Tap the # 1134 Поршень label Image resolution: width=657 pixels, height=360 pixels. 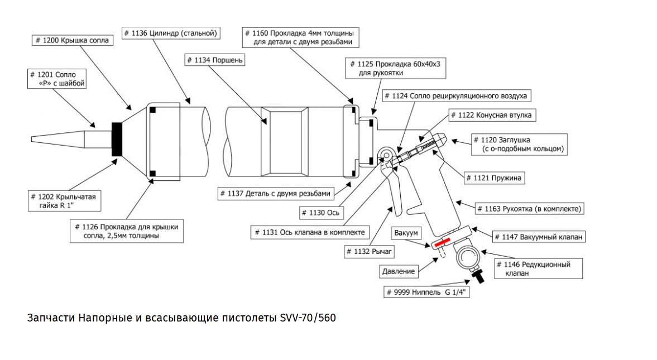click(x=214, y=60)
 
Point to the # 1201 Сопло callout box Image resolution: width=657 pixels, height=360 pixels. click(x=58, y=79)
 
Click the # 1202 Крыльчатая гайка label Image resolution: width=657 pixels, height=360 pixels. click(x=65, y=201)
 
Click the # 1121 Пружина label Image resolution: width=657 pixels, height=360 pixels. click(x=495, y=179)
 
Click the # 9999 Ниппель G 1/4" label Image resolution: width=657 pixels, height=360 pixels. click(x=426, y=292)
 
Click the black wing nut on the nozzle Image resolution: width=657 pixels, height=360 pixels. click(x=118, y=139)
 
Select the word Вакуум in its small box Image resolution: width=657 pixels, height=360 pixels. click(x=406, y=232)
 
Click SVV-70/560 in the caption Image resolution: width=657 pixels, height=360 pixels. click(x=306, y=318)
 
